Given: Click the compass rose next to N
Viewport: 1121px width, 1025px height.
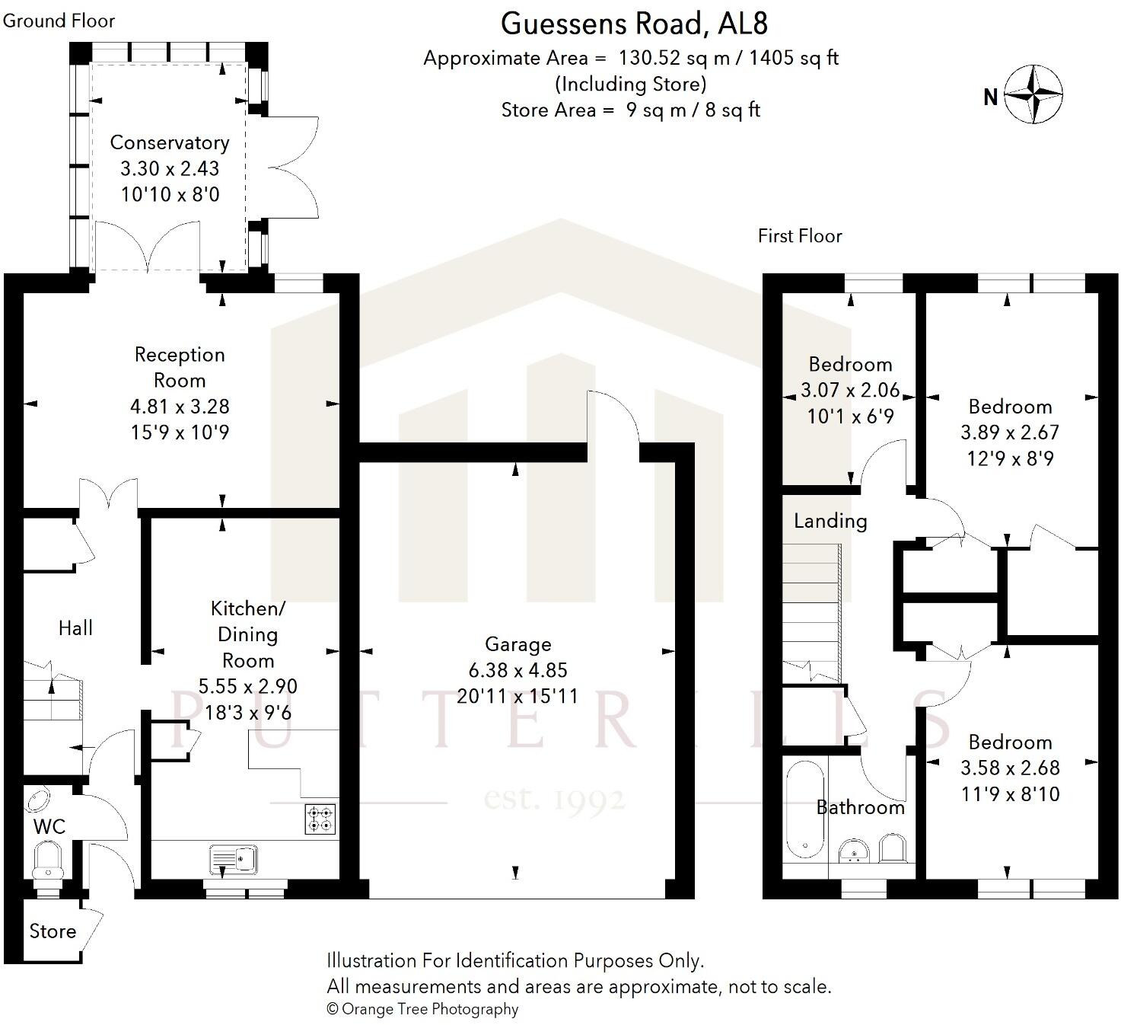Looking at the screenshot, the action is [x=1033, y=94].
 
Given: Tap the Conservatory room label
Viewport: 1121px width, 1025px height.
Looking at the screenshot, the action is [x=169, y=142].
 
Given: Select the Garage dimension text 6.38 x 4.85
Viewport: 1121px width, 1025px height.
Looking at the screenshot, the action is [x=518, y=670].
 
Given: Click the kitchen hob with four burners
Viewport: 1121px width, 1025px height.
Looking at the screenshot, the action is [x=320, y=819].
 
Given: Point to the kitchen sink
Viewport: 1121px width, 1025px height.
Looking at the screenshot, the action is [x=234, y=860].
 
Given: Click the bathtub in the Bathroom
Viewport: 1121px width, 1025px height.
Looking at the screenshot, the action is [x=805, y=809].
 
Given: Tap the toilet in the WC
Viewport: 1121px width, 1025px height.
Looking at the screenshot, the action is [x=49, y=862].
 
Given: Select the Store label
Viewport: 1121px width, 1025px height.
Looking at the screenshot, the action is [x=53, y=931].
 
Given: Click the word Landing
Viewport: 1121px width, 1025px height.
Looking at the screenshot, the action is [x=830, y=521].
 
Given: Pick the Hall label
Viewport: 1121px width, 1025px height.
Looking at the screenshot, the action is [x=75, y=628].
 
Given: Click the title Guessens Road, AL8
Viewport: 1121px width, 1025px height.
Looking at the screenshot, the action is [x=634, y=24].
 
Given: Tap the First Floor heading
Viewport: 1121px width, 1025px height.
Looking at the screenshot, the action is [x=800, y=236].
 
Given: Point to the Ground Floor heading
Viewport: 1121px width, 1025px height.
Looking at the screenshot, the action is [x=59, y=21].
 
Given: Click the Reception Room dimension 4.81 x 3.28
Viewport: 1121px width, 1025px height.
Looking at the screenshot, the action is [x=180, y=407].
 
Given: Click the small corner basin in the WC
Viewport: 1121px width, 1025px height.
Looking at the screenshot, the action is [x=37, y=799].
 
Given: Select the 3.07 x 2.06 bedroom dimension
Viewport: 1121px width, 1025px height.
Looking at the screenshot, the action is [x=850, y=390].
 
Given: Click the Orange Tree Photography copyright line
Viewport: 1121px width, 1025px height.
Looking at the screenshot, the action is [x=422, y=1009].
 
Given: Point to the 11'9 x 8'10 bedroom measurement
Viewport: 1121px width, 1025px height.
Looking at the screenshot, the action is [x=1011, y=794].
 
